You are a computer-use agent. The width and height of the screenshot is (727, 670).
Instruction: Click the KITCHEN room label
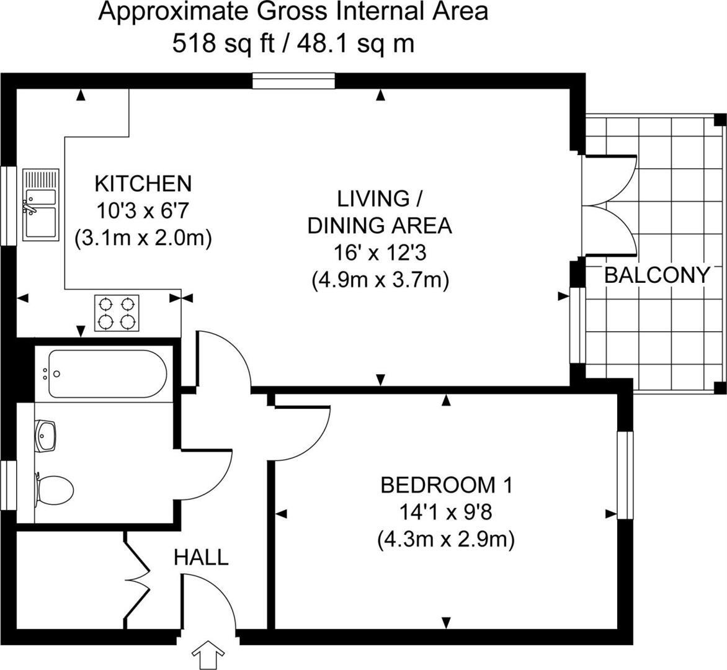pos(143,184)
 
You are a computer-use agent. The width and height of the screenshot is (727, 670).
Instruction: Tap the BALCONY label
pos(656,275)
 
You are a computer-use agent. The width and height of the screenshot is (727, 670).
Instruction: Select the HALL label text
pos(201,557)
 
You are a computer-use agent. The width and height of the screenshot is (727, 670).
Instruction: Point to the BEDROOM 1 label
pos(446,485)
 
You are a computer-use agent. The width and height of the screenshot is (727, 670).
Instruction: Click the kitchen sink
pos(41,205)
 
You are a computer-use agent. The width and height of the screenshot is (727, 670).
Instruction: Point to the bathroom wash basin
pos(46,436)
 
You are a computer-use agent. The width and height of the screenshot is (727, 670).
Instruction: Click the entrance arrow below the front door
pos(207,655)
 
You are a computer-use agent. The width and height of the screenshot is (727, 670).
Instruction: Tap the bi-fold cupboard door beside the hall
pos(138,578)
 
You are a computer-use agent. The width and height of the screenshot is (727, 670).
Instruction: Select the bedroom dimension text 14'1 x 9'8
pos(446,512)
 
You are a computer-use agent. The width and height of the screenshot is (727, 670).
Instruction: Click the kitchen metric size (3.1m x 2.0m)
pos(143,238)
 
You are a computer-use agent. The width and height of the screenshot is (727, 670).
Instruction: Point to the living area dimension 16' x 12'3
pos(380,253)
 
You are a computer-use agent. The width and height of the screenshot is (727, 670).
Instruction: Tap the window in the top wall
pos(293,81)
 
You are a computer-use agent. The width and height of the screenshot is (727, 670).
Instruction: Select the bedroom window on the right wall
pos(626,475)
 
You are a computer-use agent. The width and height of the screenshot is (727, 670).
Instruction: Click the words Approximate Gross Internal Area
pos(293,12)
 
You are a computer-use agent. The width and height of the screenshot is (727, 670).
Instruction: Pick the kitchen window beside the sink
pos(7,205)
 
